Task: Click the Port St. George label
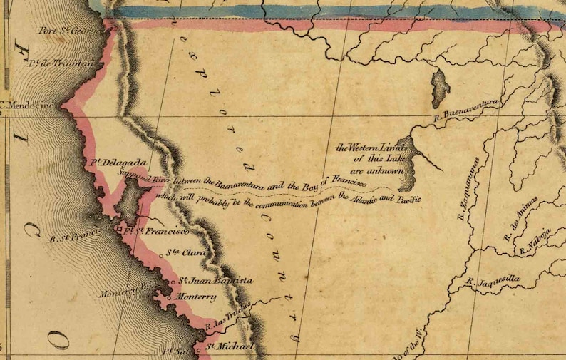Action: coord(70,30)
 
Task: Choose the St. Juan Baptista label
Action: coord(214,281)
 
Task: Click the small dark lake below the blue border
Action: coord(440,88)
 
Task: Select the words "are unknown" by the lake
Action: coord(377,172)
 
